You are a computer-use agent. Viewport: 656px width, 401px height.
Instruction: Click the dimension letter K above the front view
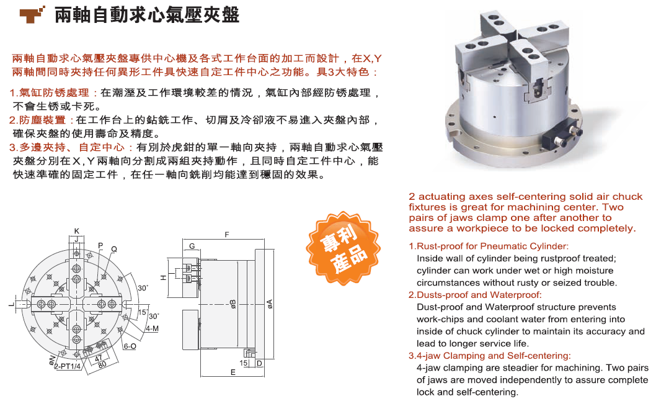76,231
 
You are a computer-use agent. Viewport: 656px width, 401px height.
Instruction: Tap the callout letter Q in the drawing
114,250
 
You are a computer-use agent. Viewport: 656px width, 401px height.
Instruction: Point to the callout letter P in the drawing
100,246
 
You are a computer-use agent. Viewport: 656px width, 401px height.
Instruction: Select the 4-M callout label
153,329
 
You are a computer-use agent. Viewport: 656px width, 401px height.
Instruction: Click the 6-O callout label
130,346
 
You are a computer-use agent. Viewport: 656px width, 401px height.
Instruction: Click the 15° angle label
143,312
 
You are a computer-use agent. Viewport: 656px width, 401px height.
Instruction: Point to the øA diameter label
270,304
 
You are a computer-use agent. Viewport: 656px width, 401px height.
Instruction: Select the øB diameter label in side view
233,304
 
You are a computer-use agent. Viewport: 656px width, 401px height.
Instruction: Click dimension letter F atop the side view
227,235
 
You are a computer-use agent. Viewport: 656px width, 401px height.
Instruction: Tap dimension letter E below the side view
233,372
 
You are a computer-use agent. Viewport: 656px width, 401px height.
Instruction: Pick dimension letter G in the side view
192,246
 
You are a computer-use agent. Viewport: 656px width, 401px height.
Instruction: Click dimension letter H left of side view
164,277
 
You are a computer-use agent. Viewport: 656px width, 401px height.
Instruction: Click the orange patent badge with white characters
343,248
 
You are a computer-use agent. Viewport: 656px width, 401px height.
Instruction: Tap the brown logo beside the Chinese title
32,15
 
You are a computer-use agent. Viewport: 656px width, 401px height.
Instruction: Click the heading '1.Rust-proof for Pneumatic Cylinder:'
489,246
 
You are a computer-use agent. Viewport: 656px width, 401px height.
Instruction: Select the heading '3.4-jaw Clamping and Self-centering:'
489,356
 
